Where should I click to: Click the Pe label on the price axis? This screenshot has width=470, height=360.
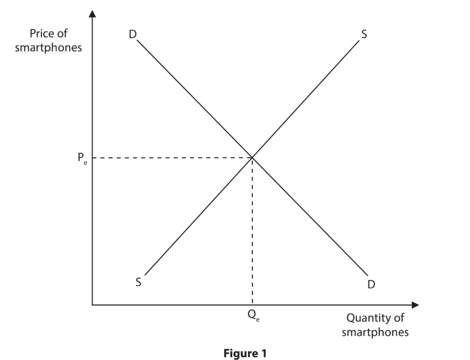tap(81, 158)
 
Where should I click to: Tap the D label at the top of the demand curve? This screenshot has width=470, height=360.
tap(132, 35)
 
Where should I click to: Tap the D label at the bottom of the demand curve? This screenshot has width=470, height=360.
tap(371, 285)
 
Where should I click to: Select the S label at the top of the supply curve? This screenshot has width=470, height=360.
tap(364, 35)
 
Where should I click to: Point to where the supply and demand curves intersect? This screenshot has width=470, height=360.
tap(252, 158)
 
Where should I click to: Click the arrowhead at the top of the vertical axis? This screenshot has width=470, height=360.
tap(93, 13)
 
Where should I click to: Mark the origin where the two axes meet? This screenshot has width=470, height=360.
tap(93, 305)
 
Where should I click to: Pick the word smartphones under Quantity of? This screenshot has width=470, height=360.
tap(375, 332)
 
